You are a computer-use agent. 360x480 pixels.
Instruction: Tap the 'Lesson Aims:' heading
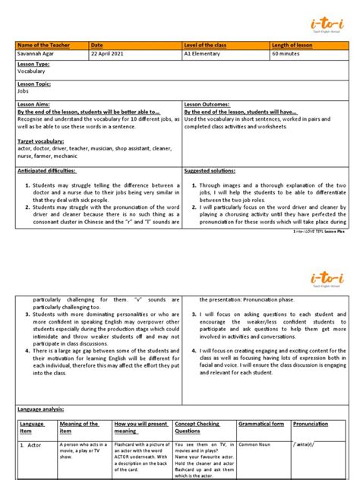[x=34, y=103]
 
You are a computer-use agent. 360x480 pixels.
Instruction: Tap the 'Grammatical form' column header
[x=261, y=424]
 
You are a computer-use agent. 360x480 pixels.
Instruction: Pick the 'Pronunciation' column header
[x=311, y=424]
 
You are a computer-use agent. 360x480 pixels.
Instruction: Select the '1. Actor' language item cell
[x=33, y=444]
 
